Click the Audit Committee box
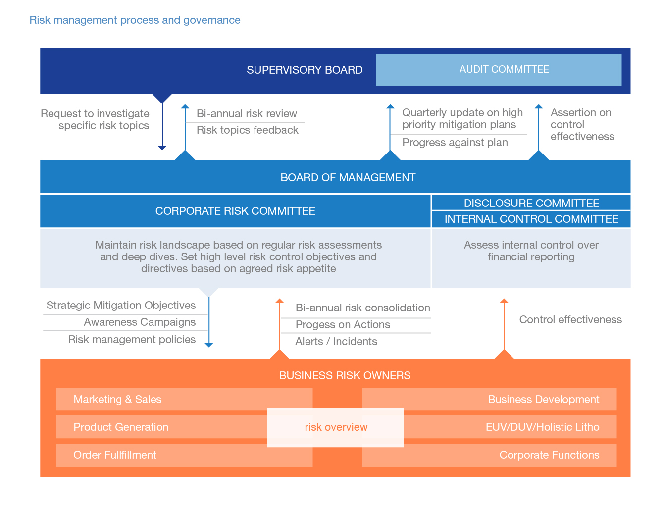(x=499, y=70)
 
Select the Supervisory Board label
(x=305, y=70)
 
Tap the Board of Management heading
(x=348, y=177)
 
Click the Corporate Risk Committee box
(x=235, y=211)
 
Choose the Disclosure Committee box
(x=531, y=203)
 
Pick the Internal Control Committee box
(x=531, y=219)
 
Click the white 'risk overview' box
(x=336, y=427)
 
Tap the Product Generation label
(x=121, y=427)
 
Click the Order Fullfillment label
(x=115, y=455)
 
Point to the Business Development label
(x=543, y=400)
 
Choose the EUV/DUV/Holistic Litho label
(x=542, y=427)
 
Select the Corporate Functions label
(x=549, y=455)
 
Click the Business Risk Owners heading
(x=345, y=375)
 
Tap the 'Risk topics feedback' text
(x=247, y=130)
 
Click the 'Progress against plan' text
(x=455, y=143)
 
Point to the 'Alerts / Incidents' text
(x=336, y=342)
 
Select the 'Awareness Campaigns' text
(x=140, y=322)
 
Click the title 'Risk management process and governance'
(x=135, y=20)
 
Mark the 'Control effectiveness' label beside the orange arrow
(x=570, y=320)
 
